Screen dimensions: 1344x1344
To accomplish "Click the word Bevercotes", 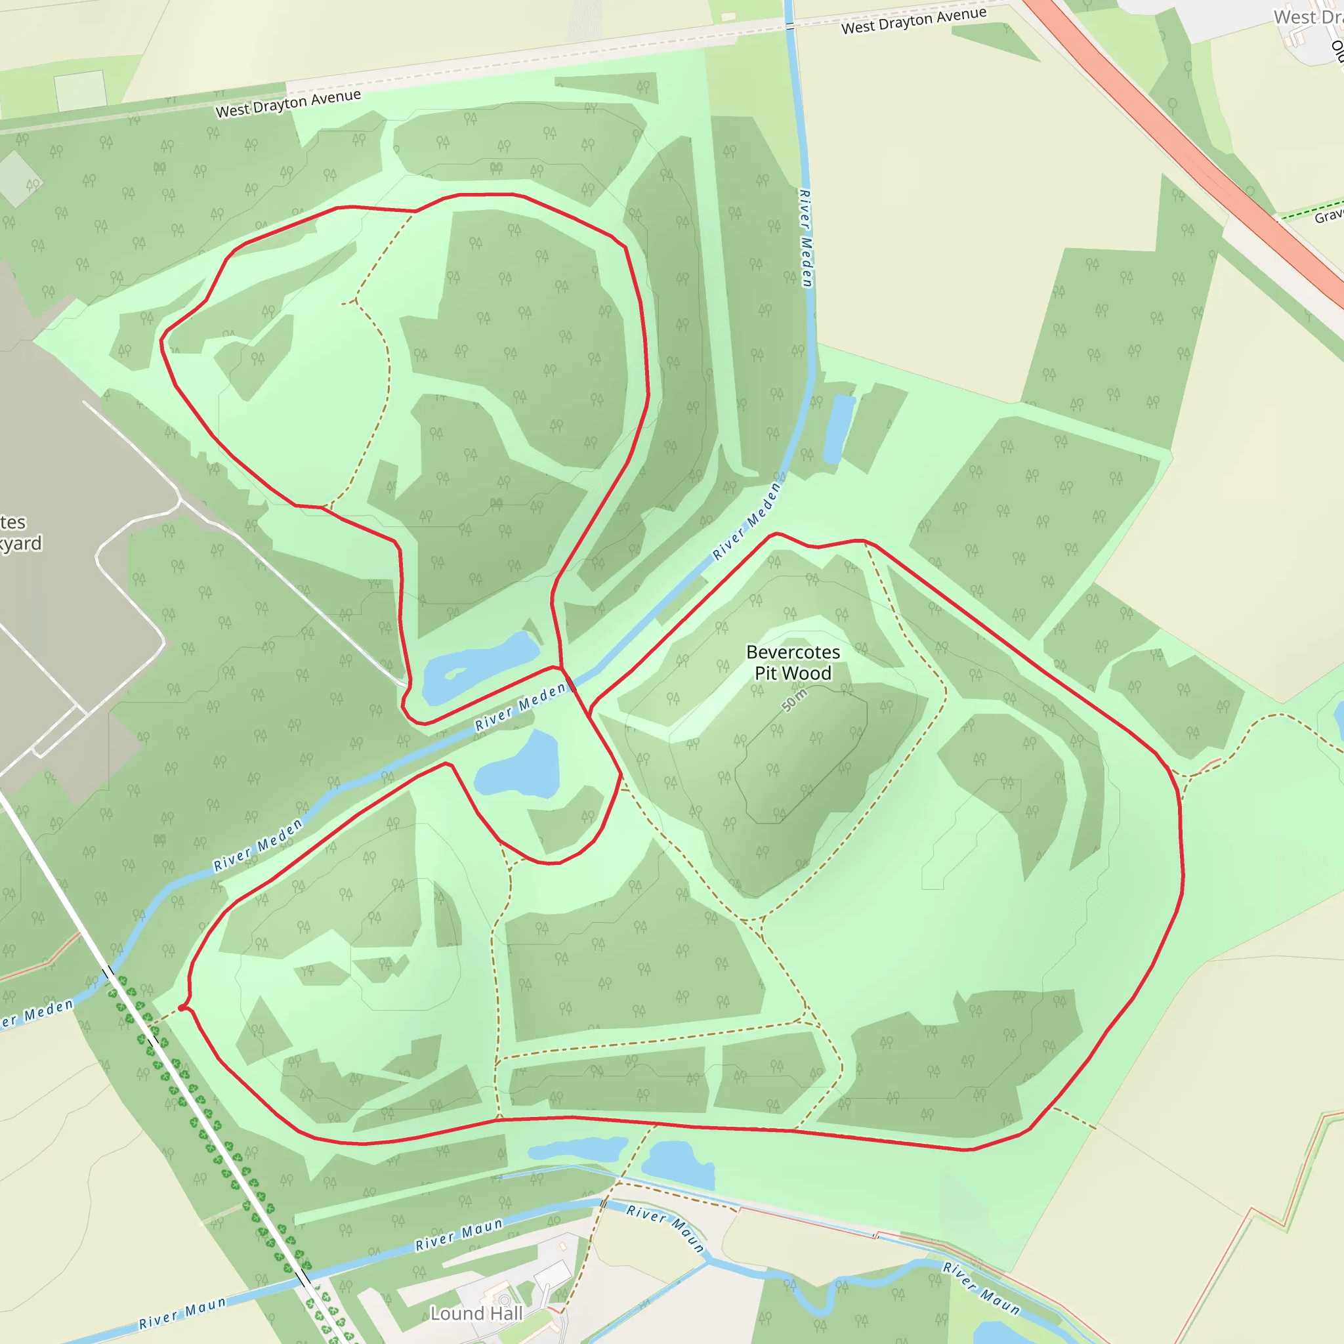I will point(793,652).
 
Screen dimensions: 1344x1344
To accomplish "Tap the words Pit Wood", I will point(793,673).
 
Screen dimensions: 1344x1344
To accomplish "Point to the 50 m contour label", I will point(794,700).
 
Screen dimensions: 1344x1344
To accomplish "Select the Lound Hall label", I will point(476,1313).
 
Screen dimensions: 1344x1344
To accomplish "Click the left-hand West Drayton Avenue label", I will point(288,103).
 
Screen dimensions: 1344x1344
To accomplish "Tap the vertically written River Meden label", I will point(806,238).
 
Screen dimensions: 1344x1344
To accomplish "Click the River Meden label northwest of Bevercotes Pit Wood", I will point(746,521).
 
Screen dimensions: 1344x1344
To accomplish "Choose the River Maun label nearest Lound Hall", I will point(459,1235).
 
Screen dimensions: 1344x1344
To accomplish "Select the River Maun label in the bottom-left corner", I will point(182,1312).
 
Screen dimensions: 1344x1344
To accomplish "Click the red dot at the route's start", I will point(182,1007).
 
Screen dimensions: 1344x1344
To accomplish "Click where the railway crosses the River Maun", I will point(303,1278).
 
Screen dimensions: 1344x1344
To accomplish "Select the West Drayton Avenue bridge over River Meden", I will point(789,26).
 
